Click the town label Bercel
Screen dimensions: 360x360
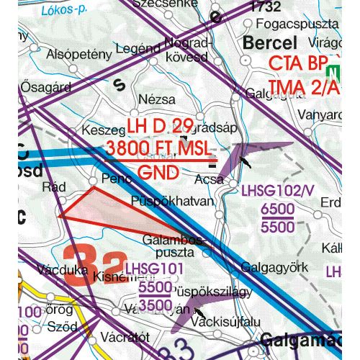coord(270,42)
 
